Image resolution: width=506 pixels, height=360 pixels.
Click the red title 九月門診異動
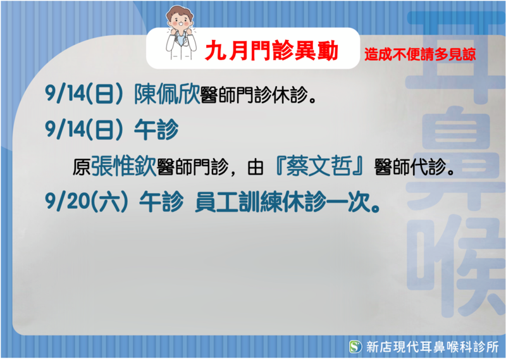(x=271, y=51)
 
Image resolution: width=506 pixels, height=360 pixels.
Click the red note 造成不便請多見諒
(x=420, y=54)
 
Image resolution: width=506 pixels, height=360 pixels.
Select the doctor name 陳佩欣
(x=167, y=94)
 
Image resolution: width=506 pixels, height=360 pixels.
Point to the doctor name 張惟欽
(x=123, y=166)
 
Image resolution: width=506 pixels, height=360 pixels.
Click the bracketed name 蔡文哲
(x=319, y=166)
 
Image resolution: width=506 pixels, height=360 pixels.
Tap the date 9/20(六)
(x=87, y=202)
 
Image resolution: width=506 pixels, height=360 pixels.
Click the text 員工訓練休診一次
(x=287, y=202)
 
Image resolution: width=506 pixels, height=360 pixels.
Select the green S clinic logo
(x=355, y=347)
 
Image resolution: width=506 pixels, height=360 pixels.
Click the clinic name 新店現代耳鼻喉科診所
(x=432, y=347)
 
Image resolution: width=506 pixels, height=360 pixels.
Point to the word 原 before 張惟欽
(x=82, y=167)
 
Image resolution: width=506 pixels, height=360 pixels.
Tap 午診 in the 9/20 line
(x=161, y=202)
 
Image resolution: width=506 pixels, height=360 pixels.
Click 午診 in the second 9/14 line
(x=156, y=129)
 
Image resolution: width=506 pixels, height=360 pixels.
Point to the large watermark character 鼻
(x=455, y=158)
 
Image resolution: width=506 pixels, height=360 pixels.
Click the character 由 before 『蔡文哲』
(x=256, y=167)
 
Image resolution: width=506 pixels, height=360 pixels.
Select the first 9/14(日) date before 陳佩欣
(x=84, y=94)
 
